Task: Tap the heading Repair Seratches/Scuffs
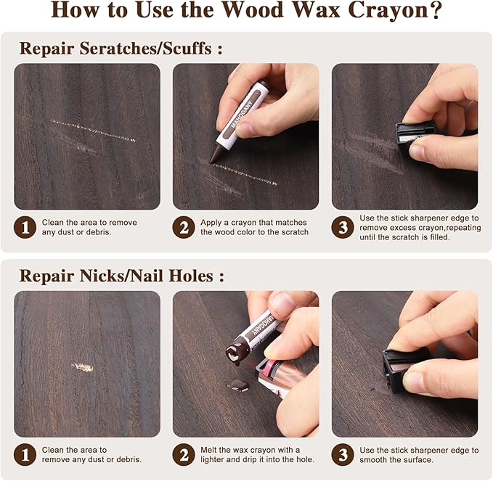pyautogui.click(x=120, y=49)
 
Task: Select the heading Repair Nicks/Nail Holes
pyautogui.click(x=121, y=276)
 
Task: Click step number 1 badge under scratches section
pyautogui.click(x=25, y=228)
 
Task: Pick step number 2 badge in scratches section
pyautogui.click(x=183, y=228)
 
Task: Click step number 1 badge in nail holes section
pyautogui.click(x=25, y=455)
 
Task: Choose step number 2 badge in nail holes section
pyautogui.click(x=183, y=455)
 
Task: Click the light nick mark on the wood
pyautogui.click(x=83, y=367)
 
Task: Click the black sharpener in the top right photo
pyautogui.click(x=414, y=135)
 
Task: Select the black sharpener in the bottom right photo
pyautogui.click(x=403, y=366)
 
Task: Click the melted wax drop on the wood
pyautogui.click(x=237, y=385)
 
